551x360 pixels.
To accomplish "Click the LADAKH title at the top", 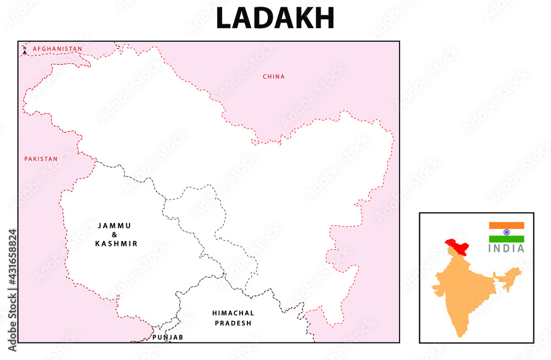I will [x=275, y=18].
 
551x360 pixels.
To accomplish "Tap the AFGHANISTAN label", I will [x=57, y=49].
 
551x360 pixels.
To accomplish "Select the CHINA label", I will [x=274, y=77].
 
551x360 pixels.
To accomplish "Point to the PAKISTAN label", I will [x=41, y=159].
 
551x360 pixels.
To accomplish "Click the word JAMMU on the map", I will [x=115, y=225].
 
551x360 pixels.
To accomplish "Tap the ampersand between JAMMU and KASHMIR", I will [x=115, y=234].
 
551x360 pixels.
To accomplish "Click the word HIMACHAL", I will [x=233, y=313].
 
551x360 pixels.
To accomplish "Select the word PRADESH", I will [x=233, y=323].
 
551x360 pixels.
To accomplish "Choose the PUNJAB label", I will [x=168, y=337].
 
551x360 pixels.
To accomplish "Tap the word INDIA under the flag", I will [x=506, y=248].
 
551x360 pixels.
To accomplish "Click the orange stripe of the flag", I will [x=506, y=225].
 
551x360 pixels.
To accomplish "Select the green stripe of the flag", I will [x=506, y=239].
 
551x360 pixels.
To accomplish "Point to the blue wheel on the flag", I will [x=506, y=232].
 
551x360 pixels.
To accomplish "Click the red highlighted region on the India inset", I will [x=457, y=245].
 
